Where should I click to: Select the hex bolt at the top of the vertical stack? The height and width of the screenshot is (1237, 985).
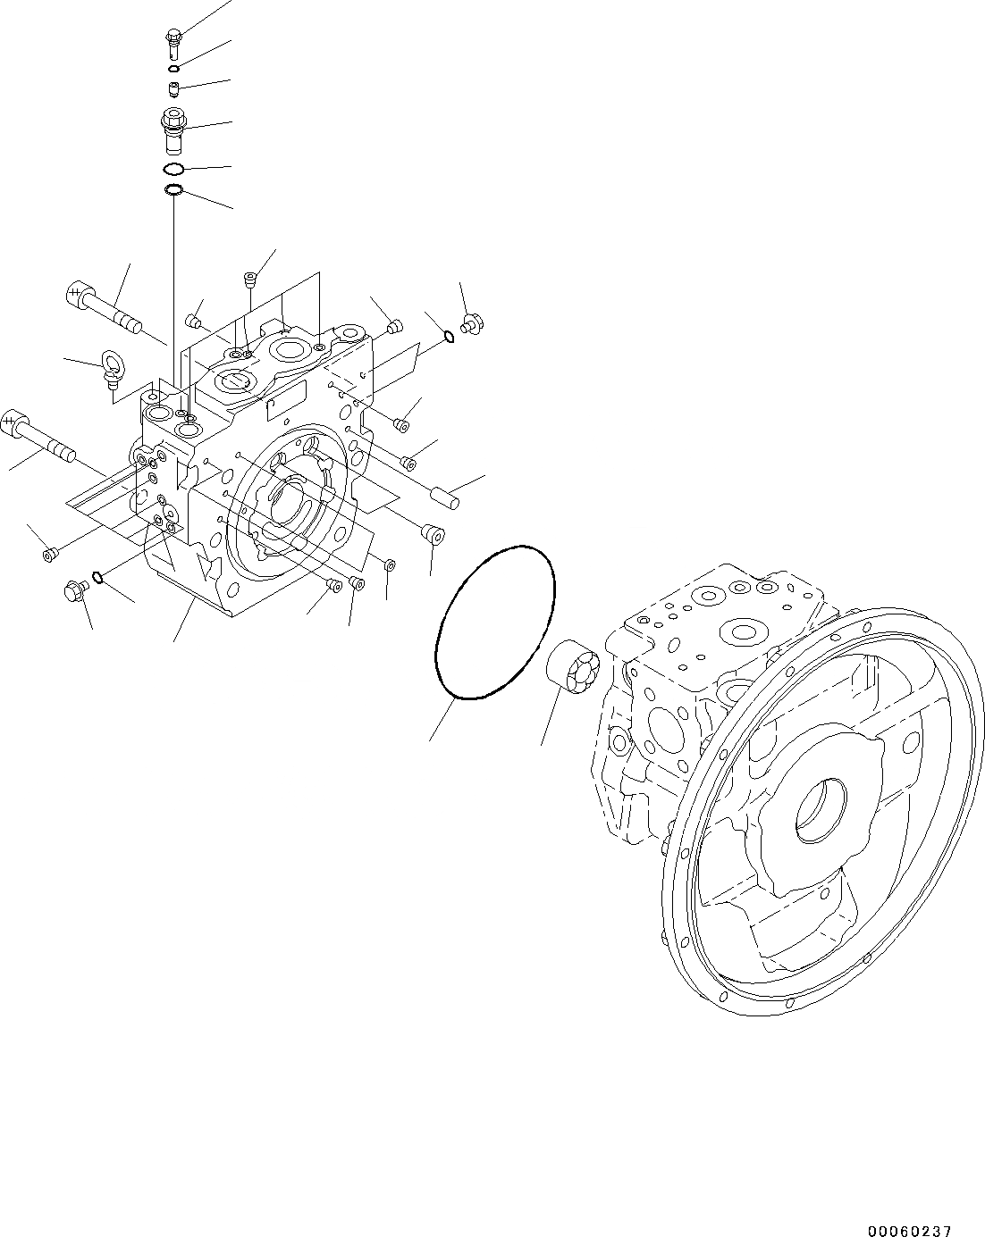point(173,38)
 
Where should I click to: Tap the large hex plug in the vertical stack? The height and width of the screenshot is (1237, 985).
point(173,125)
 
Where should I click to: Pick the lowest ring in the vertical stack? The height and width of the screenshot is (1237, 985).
point(173,189)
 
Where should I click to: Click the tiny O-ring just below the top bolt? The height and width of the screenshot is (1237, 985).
point(173,68)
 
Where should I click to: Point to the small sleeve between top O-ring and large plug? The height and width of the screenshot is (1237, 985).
point(173,88)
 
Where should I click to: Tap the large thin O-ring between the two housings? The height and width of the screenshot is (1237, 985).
point(494,622)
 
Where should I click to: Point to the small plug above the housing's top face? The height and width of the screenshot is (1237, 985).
point(250,280)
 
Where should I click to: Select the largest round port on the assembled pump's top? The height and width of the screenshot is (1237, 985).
point(745,632)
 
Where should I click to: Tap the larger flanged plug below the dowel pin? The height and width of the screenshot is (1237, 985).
point(434,533)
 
